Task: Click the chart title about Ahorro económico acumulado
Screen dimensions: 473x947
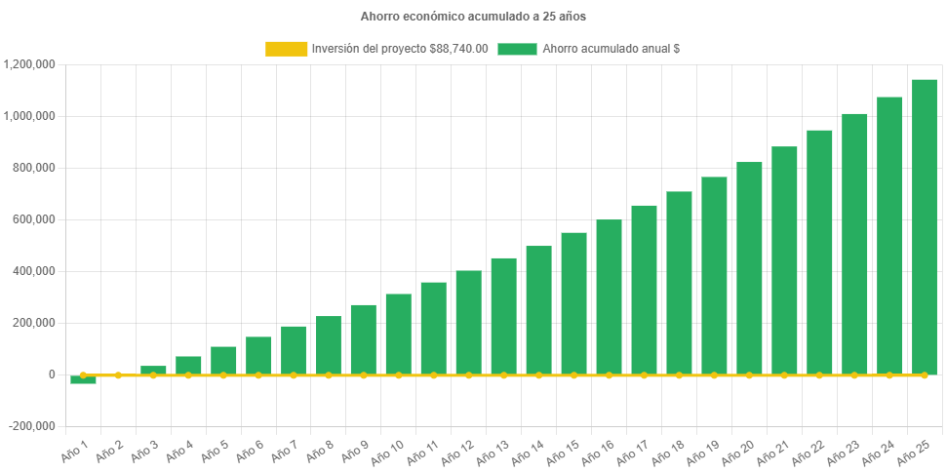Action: tap(473, 17)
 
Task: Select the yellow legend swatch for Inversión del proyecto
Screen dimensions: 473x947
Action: tap(286, 49)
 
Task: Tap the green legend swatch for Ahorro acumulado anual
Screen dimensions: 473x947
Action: tap(517, 49)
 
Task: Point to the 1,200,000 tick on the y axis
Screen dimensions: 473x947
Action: tap(30, 64)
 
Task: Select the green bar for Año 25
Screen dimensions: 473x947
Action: tap(924, 226)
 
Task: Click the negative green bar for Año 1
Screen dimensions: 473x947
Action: tap(83, 380)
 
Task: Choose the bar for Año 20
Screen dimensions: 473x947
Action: tap(749, 268)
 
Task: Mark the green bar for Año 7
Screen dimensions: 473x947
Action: tap(294, 350)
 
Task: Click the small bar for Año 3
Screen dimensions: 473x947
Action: tap(153, 370)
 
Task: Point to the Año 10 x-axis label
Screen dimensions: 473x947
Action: tap(389, 452)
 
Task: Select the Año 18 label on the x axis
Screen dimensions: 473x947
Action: tap(670, 452)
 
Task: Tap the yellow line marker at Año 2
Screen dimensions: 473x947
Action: tap(118, 374)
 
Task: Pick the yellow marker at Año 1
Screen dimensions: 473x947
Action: tap(83, 374)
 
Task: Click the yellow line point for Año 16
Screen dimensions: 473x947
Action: tap(609, 374)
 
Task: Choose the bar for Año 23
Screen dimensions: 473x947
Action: tap(854, 244)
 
